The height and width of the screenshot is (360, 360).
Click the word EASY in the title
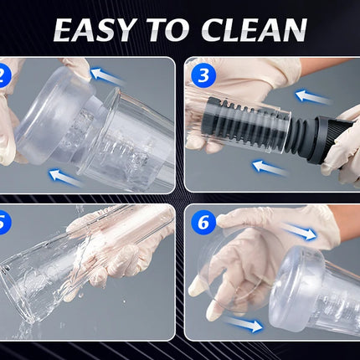point(94,30)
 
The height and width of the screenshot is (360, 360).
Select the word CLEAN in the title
point(254,30)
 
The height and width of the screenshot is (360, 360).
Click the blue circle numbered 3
point(203,75)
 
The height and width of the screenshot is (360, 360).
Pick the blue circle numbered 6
point(203,223)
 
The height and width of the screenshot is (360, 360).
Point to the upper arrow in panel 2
point(106,77)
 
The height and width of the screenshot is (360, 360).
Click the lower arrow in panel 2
point(65,177)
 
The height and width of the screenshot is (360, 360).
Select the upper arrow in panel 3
point(313,96)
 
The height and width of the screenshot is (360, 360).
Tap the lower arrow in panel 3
point(270,168)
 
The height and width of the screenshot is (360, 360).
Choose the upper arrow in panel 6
point(300,231)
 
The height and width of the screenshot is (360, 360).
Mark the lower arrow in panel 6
point(244,324)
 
